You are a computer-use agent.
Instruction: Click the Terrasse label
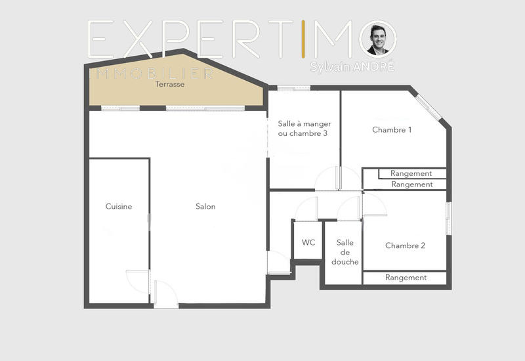(x=169, y=85)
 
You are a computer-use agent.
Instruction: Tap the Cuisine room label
(x=119, y=207)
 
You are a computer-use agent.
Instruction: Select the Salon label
(x=205, y=207)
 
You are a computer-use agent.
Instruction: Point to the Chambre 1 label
(x=392, y=130)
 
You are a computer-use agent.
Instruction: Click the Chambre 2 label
(x=405, y=246)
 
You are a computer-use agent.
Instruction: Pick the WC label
(x=308, y=243)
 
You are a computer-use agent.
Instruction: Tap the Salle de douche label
(x=345, y=252)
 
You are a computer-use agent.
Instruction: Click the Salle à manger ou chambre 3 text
(x=304, y=129)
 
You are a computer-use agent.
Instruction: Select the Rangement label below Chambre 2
(x=406, y=278)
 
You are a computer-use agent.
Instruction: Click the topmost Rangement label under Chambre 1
(x=411, y=174)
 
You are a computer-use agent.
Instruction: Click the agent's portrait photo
(x=378, y=39)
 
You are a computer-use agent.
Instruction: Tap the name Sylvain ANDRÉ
(x=352, y=67)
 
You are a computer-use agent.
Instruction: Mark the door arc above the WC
(x=306, y=209)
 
